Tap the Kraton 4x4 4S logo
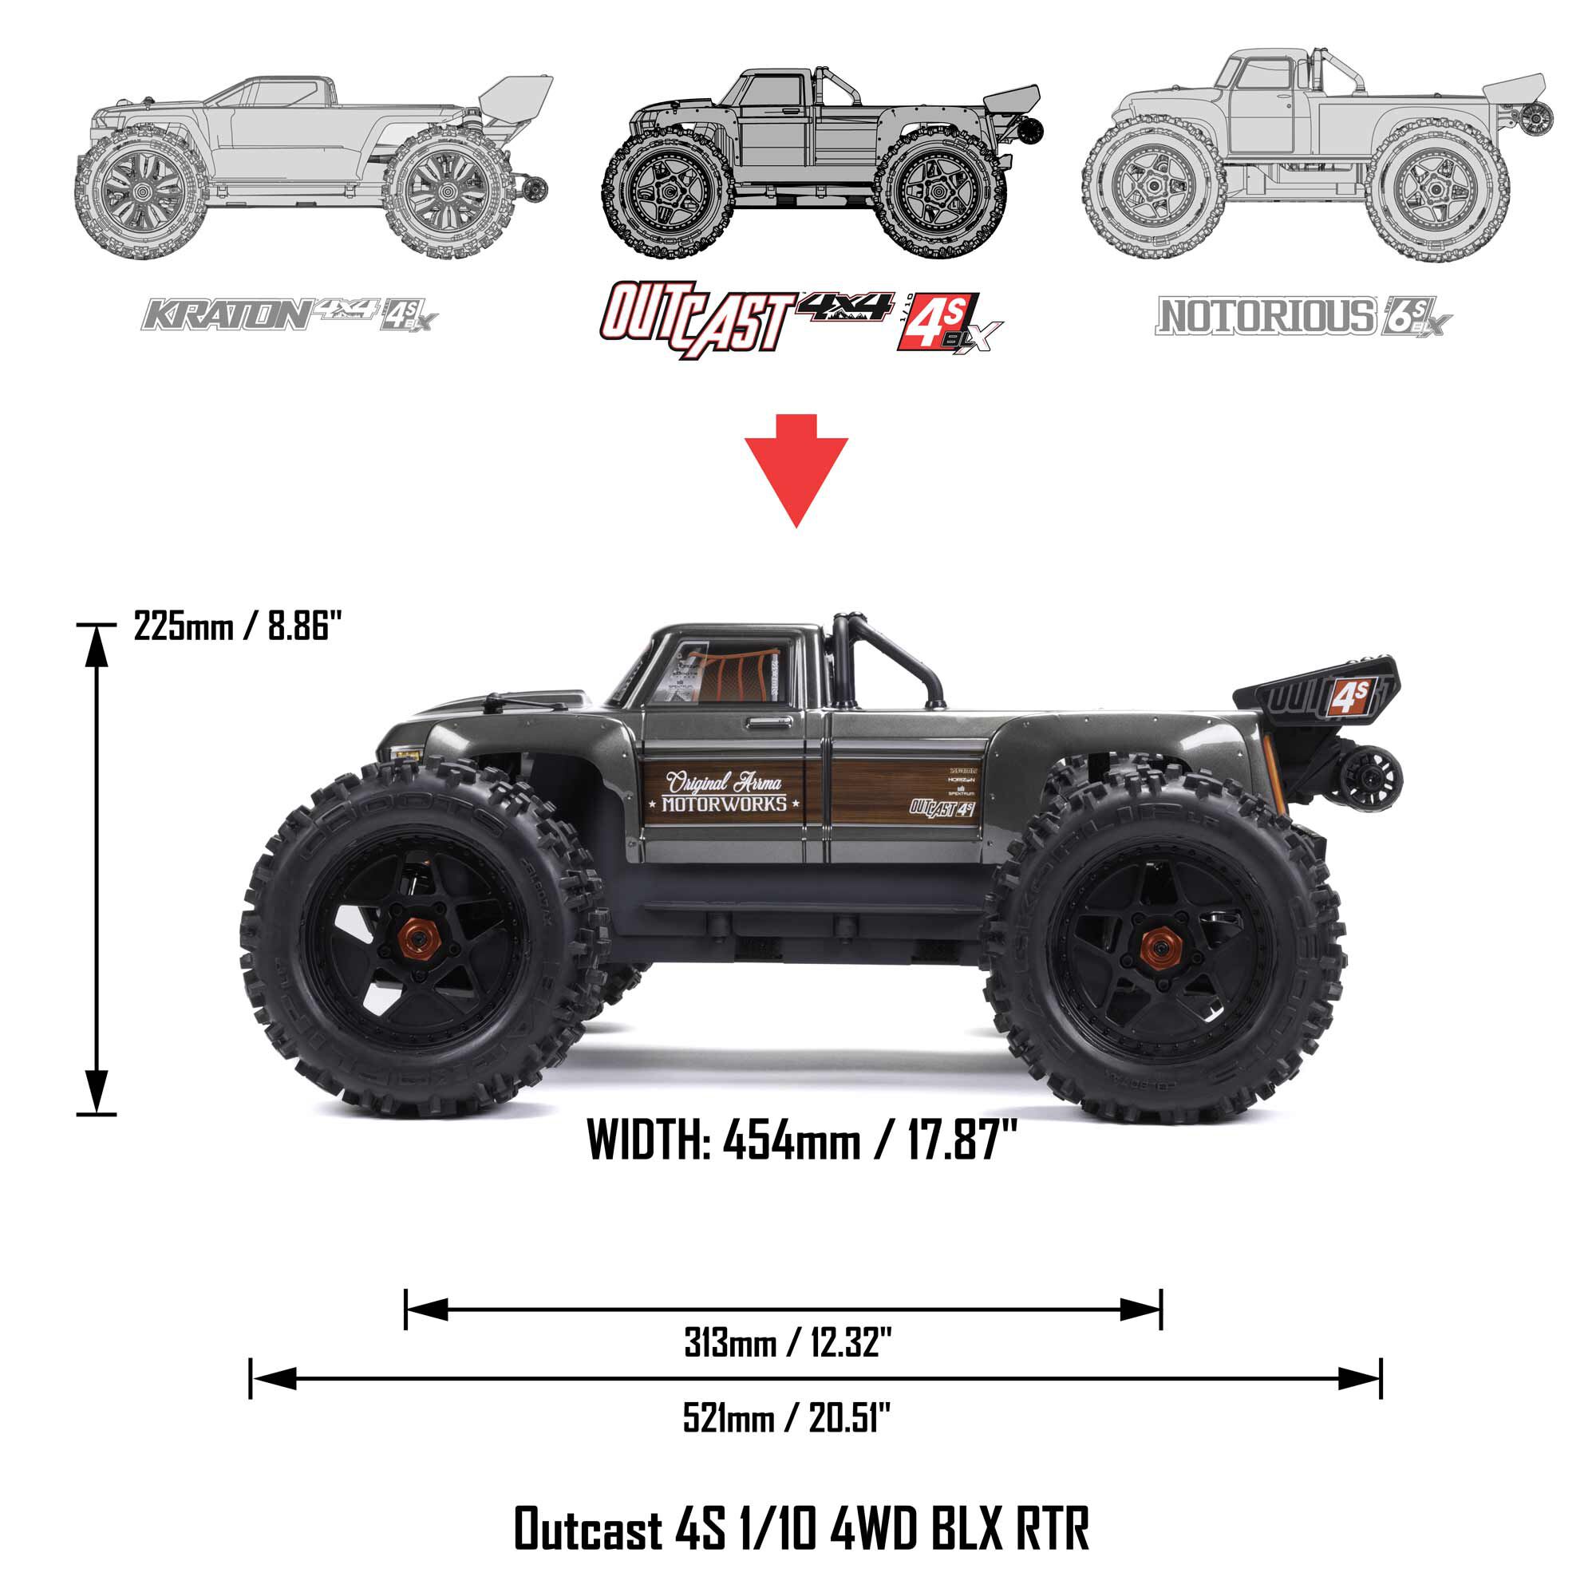[x=289, y=314]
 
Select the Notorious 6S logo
[x=1303, y=316]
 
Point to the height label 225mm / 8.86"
[x=238, y=626]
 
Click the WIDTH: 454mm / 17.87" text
[x=801, y=1140]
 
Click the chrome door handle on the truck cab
[x=768, y=723]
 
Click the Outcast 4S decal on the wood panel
[x=942, y=808]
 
